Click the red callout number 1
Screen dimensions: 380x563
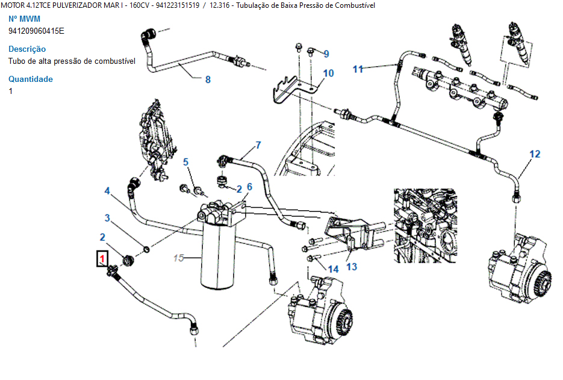pyautogui.click(x=102, y=260)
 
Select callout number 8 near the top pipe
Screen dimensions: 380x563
pyautogui.click(x=208, y=79)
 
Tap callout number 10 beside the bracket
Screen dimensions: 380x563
pyautogui.click(x=328, y=73)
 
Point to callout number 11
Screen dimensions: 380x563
pyautogui.click(x=358, y=69)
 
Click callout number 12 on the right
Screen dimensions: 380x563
pyautogui.click(x=535, y=154)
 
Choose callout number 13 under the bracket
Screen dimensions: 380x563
pyautogui.click(x=352, y=266)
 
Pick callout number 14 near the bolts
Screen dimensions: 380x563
pyautogui.click(x=333, y=269)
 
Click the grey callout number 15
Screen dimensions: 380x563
pyautogui.click(x=178, y=258)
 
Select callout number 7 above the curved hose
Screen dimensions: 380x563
pyautogui.click(x=258, y=145)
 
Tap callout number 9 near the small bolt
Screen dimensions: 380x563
pyautogui.click(x=326, y=54)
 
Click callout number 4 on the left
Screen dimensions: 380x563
pyautogui.click(x=107, y=191)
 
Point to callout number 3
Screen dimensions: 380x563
pyautogui.click(x=107, y=217)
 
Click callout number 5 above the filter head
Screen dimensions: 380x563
pyautogui.click(x=186, y=161)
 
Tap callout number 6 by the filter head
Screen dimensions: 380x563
pyautogui.click(x=249, y=187)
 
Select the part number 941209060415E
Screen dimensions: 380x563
pyautogui.click(x=36, y=31)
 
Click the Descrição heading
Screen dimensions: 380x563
pyautogui.click(x=27, y=49)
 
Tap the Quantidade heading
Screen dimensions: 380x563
pyautogui.click(x=31, y=79)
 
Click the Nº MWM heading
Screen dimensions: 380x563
pyautogui.click(x=24, y=19)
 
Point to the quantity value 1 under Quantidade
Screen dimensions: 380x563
pyautogui.click(x=11, y=91)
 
